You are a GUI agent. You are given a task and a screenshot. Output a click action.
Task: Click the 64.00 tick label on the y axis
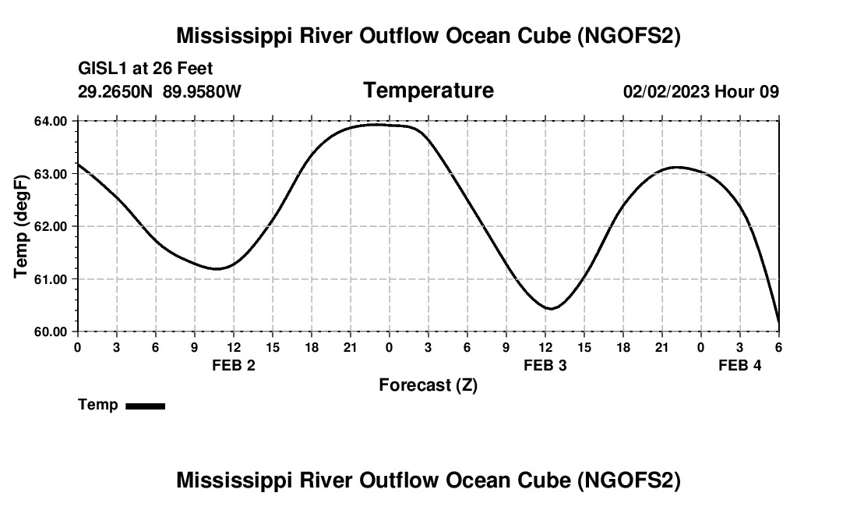coord(51,121)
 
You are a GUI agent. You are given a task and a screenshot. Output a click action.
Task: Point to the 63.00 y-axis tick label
coord(51,174)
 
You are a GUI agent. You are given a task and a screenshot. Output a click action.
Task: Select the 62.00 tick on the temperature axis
coord(51,226)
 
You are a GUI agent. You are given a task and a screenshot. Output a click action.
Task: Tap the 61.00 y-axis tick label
coord(51,279)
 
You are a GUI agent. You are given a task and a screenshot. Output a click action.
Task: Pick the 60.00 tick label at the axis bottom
coord(51,331)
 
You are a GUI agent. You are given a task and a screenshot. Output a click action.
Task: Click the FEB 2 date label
coord(234,365)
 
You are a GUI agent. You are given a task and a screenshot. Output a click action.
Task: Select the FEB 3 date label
coord(545,365)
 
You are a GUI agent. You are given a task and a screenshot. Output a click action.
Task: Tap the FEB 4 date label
coord(740,365)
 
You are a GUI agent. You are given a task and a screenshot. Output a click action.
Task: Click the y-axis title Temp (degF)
coord(22,226)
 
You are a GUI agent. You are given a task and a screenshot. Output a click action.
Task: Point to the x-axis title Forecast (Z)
coord(428,385)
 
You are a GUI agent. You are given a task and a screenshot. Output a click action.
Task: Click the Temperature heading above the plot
coord(428,90)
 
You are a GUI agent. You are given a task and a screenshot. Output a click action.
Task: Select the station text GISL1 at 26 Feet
coord(146,69)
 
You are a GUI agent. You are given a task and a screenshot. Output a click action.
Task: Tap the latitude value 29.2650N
coord(116,91)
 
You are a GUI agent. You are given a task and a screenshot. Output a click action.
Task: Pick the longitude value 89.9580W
coord(202,91)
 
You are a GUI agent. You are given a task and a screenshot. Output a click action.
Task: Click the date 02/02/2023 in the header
coord(666,91)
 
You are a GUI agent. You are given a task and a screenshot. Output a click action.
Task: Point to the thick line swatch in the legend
coord(145,406)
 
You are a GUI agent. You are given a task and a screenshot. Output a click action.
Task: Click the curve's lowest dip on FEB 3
coord(550,309)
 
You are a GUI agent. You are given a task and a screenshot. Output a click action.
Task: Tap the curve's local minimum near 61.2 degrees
coord(217,269)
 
